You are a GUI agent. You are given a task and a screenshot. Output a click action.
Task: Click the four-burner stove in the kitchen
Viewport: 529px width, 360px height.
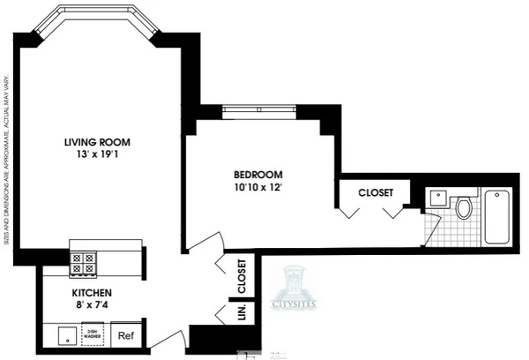pyautogui.click(x=85, y=264)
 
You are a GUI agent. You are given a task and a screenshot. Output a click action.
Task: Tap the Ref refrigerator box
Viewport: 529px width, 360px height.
pyautogui.click(x=126, y=335)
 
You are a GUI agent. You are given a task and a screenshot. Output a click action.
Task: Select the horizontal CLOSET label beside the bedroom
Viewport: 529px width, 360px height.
pyautogui.click(x=376, y=192)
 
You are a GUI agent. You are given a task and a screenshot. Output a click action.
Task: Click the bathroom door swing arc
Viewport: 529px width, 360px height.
pyautogui.click(x=430, y=229)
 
